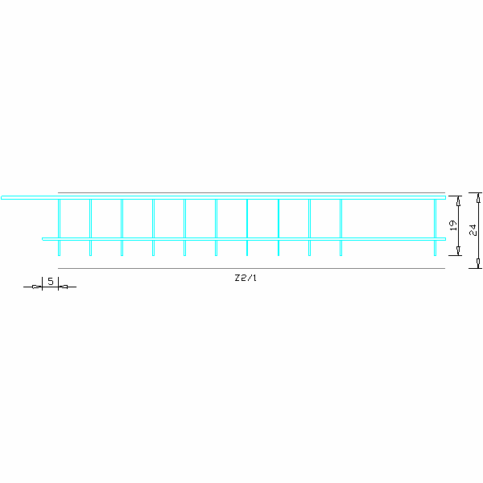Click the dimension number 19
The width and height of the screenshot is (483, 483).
click(453, 225)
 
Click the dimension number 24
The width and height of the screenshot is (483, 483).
click(473, 230)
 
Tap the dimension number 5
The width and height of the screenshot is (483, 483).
click(51, 281)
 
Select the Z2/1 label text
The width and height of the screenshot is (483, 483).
click(246, 278)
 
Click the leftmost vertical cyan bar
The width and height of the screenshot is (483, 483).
click(59, 227)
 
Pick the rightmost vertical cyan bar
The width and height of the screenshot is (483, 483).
click(435, 227)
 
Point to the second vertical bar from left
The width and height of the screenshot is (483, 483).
click(90, 227)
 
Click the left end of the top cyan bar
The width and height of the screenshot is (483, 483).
click(2, 197)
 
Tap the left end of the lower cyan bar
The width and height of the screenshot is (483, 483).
click(43, 239)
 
